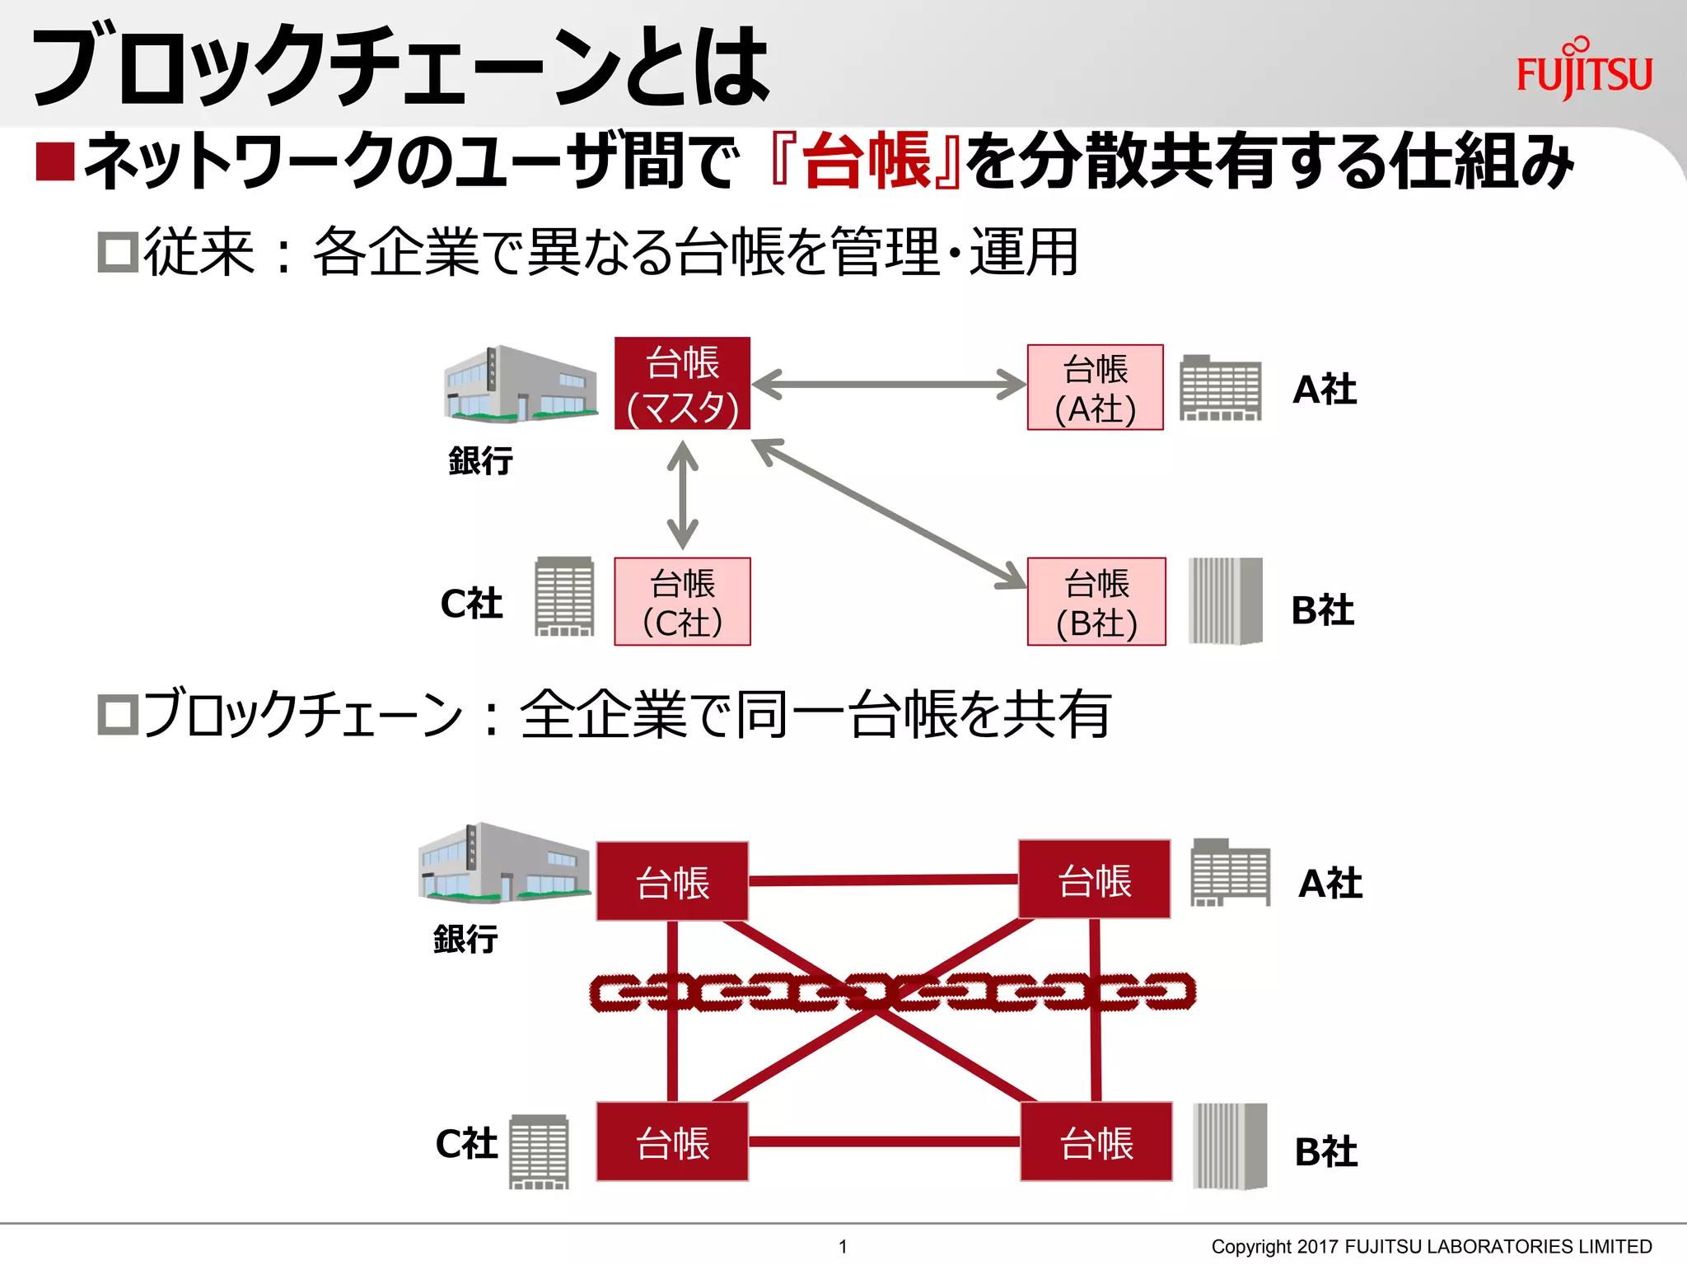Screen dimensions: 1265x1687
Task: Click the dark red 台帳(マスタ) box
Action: coord(682,384)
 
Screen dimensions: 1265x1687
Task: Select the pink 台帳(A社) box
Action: coord(1095,388)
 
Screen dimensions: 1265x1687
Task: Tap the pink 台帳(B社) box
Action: coord(1096,602)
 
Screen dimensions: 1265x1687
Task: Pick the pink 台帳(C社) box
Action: coord(682,602)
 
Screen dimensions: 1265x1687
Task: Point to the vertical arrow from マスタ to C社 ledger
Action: coord(682,494)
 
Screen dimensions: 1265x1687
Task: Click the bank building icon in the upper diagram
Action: coord(520,384)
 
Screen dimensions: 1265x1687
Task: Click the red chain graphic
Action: coord(892,992)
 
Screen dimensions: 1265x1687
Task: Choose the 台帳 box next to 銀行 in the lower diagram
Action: coord(672,882)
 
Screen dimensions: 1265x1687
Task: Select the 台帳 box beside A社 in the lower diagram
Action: coord(1094,880)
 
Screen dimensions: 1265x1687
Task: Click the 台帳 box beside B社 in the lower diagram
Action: coord(1096,1142)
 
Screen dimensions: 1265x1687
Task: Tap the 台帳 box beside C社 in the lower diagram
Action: coord(672,1142)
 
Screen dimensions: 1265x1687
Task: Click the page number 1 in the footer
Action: coord(843,1246)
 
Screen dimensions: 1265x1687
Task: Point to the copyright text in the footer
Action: coord(1431,1246)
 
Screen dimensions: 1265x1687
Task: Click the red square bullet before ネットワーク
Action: coord(55,161)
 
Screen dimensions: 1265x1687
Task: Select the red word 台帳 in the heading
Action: coord(866,161)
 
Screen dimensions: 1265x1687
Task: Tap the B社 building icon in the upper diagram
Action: coord(1225,600)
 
